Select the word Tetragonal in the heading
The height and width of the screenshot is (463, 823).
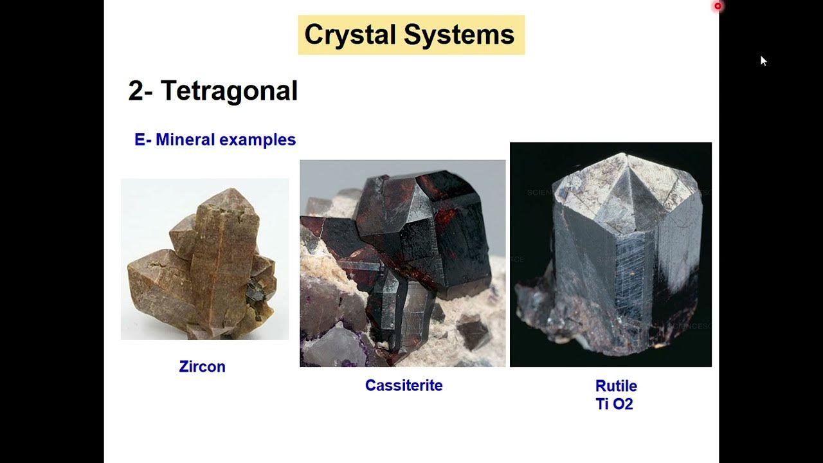229,91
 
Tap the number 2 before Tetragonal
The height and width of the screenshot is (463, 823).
135,91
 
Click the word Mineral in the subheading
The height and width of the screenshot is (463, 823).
185,140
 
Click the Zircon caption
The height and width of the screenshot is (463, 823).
202,367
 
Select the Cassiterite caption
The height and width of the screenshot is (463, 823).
404,386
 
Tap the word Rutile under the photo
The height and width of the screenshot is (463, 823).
616,386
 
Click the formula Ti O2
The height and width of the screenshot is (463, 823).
614,405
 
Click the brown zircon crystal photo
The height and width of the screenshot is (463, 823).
204,259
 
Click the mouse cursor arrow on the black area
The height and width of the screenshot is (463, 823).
763,60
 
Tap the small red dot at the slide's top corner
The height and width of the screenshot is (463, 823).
718,6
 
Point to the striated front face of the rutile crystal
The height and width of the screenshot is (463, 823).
633,283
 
